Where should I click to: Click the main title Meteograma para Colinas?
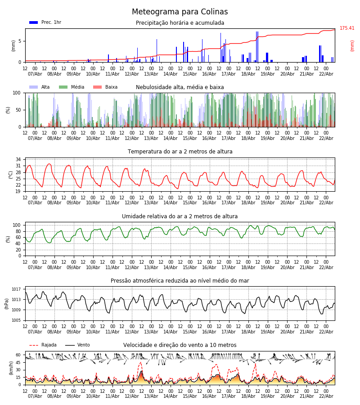point(180,12)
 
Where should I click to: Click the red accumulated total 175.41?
point(347,28)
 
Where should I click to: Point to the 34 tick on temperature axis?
point(18,160)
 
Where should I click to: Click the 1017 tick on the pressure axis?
point(16,289)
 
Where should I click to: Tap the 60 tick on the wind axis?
point(18,355)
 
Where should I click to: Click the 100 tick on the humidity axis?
point(17,225)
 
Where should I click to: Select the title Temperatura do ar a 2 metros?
point(180,152)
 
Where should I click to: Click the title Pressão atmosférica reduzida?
point(180,281)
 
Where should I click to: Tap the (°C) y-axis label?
point(10,175)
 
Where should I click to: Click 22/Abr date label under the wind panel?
point(326,396)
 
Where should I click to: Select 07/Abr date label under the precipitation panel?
point(35,75)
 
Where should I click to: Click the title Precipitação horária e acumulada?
point(180,23)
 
